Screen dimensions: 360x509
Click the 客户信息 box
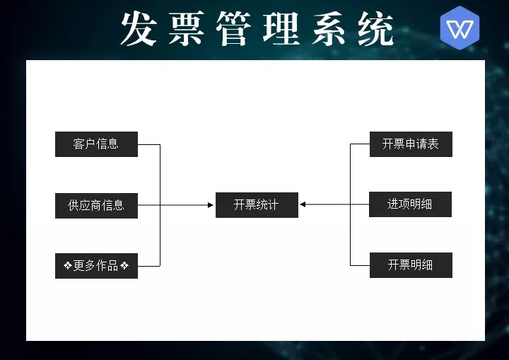point(96,144)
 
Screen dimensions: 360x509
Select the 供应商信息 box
point(96,205)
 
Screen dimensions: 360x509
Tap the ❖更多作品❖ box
point(96,266)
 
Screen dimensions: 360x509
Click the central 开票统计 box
point(257,205)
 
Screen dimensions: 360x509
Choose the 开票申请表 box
point(410,144)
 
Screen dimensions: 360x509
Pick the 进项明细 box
point(410,204)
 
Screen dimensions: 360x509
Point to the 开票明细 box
point(410,265)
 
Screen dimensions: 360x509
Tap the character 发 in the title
point(139,30)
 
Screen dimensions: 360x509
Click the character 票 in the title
point(187,30)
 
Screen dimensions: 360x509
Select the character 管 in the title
point(234,30)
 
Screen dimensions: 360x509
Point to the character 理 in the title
point(281,30)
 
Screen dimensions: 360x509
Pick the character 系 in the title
point(329,30)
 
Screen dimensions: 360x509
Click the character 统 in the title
point(375,30)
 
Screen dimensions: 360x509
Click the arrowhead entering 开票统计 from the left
point(211,205)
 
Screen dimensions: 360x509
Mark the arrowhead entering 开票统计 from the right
point(303,205)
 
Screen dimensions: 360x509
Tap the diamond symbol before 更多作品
point(67,266)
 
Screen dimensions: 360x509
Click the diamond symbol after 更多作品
point(124,266)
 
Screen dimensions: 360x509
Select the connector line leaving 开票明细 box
point(360,265)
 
